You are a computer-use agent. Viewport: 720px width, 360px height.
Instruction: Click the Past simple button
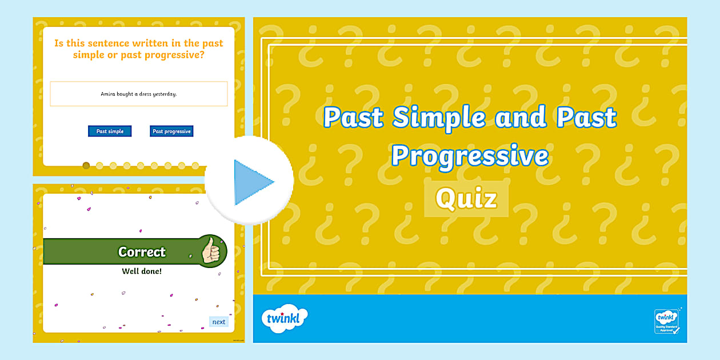tap(110, 131)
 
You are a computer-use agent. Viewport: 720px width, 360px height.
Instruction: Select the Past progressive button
tap(171, 131)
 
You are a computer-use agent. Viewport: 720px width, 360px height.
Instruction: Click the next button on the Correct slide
tap(218, 322)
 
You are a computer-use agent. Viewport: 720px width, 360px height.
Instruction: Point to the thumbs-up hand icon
tap(211, 251)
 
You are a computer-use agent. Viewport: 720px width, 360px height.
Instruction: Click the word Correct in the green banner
tap(142, 252)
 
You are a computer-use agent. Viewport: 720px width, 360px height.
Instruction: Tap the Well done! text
tap(142, 271)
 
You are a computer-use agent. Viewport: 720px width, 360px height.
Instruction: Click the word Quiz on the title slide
tap(466, 199)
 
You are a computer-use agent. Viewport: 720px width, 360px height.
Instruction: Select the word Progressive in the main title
tap(470, 156)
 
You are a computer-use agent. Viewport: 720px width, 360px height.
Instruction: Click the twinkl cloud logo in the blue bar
tap(284, 318)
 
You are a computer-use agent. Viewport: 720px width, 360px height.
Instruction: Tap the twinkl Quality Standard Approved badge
tap(666, 321)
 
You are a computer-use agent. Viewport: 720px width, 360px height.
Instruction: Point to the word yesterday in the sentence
tap(163, 94)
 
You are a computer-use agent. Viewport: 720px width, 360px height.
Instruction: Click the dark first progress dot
tap(86, 166)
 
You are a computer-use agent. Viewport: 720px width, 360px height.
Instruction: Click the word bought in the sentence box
tap(127, 94)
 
